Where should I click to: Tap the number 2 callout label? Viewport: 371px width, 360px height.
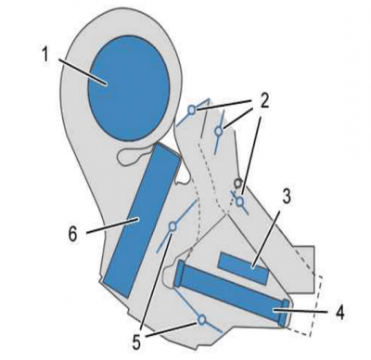pos(263,101)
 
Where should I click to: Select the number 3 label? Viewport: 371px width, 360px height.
pos(286,197)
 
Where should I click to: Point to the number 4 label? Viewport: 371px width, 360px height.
pos(339,313)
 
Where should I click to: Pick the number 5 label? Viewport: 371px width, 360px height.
pos(136,341)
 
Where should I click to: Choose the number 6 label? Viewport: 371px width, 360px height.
pos(72,235)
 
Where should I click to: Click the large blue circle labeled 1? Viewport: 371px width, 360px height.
pos(129,88)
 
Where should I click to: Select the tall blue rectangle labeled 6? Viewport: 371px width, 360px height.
pos(142,221)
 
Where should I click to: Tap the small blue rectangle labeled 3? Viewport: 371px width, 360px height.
pos(243,268)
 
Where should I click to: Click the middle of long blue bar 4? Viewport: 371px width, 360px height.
pos(233,291)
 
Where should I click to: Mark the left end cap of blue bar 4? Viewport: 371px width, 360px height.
pos(179,274)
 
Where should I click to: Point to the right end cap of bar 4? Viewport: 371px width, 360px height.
pos(285,313)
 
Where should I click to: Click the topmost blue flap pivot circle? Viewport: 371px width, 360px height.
pos(192,109)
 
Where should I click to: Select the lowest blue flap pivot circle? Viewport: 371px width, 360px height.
pos(202,319)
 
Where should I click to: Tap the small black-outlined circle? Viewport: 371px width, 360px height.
pos(237,183)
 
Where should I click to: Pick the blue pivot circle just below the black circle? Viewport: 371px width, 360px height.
pos(240,202)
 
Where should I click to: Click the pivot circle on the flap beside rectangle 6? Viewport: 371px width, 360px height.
pos(173,226)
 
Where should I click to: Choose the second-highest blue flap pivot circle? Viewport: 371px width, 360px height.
pos(219,131)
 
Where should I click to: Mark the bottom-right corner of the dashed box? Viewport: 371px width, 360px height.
pos(310,336)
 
